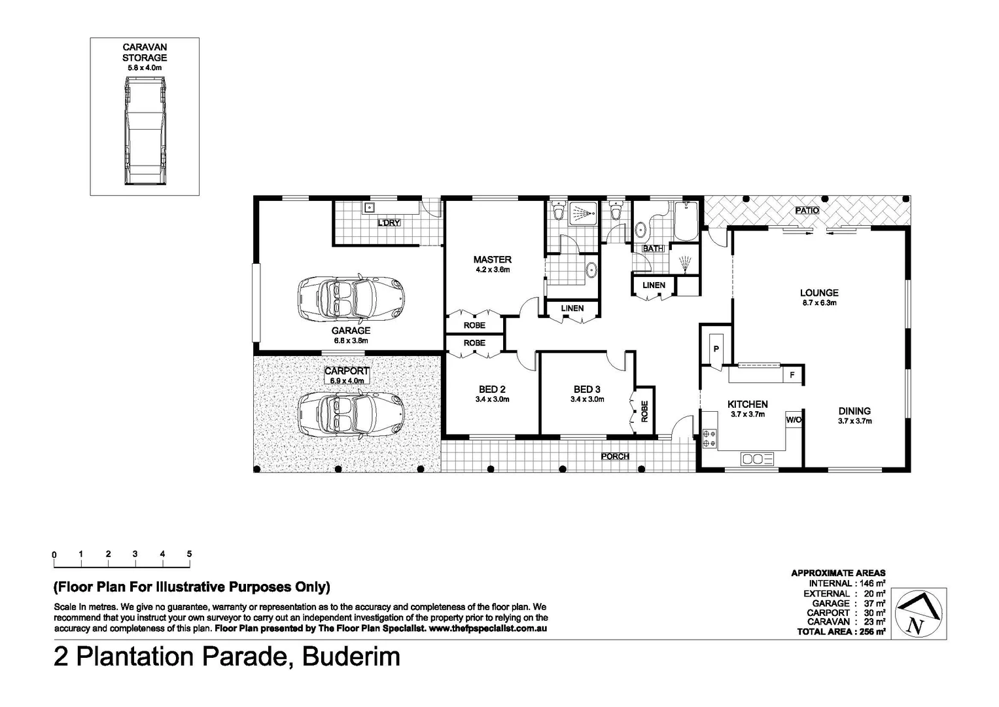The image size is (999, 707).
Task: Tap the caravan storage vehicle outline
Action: tap(145, 130)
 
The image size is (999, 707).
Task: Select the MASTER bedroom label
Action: tap(492, 259)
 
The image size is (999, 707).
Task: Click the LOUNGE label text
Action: tap(819, 293)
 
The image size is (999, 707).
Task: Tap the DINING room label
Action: tap(854, 411)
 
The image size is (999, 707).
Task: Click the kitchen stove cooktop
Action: tap(709, 438)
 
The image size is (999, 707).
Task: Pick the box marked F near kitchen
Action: tap(792, 375)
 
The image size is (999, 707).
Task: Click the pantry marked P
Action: tap(716, 349)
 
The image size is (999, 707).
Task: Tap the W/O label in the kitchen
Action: tap(794, 420)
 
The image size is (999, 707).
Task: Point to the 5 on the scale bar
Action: tap(189, 554)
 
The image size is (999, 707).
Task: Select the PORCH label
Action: tap(615, 456)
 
